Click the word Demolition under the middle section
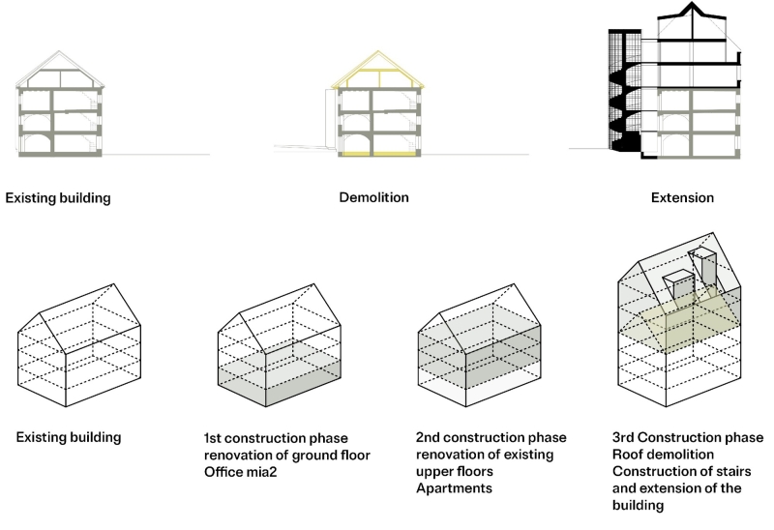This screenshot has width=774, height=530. pyautogui.click(x=373, y=198)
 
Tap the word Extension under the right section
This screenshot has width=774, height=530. pyautogui.click(x=683, y=198)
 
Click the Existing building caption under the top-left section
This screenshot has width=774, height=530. pyautogui.click(x=58, y=198)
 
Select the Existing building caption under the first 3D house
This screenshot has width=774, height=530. pyautogui.click(x=69, y=437)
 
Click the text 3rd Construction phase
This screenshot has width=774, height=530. pyautogui.click(x=688, y=437)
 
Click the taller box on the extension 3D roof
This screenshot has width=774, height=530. pyautogui.click(x=705, y=268)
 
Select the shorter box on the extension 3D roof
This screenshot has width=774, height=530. pyautogui.click(x=680, y=286)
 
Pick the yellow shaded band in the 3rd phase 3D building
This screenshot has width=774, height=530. pyautogui.click(x=677, y=324)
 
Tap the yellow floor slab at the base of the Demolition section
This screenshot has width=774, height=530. pyautogui.click(x=379, y=154)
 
